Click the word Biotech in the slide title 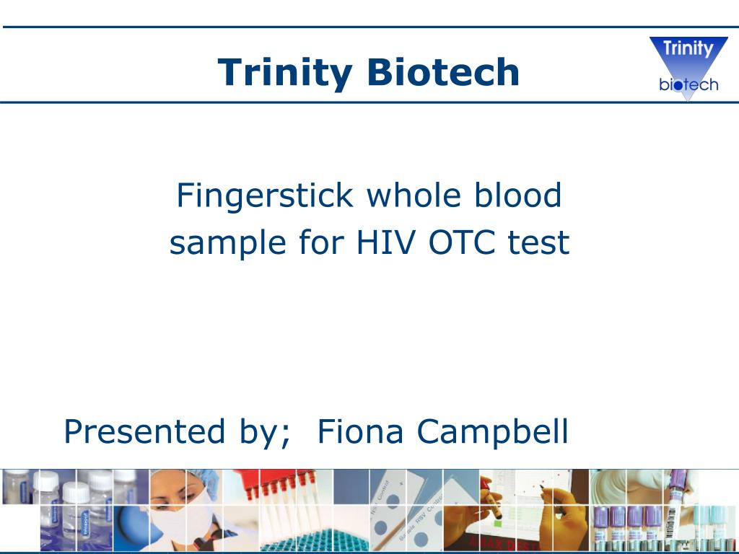coord(442,72)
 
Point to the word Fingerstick coord(265,196)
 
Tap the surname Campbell coord(492,431)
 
